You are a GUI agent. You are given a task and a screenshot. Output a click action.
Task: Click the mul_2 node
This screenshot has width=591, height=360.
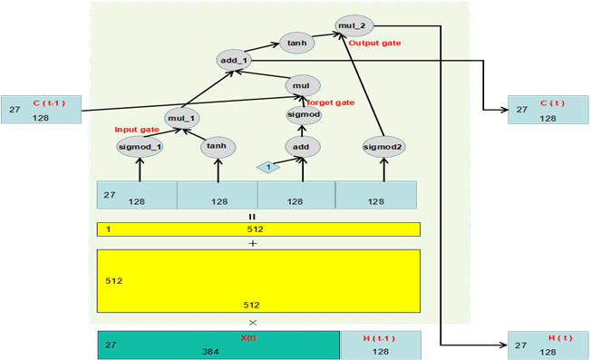point(353,25)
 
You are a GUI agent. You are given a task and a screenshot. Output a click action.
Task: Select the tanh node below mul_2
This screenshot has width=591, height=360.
point(295,42)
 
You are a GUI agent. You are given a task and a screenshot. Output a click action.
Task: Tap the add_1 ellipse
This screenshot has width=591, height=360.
point(234,60)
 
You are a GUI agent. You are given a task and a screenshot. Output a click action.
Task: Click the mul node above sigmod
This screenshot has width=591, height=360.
point(303,85)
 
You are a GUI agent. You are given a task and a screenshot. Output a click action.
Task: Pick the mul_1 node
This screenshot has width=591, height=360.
point(183,117)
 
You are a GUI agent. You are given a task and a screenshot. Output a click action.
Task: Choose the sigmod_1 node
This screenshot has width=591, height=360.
point(140,146)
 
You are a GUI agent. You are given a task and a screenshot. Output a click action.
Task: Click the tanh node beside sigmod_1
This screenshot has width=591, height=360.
point(216,146)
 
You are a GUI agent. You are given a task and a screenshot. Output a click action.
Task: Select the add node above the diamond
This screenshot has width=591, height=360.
point(303,146)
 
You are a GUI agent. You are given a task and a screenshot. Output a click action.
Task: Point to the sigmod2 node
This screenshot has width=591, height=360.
point(383,146)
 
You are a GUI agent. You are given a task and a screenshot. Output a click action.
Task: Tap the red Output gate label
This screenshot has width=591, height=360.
point(373,43)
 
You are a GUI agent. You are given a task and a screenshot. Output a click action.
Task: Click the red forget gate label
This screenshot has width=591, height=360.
point(331,102)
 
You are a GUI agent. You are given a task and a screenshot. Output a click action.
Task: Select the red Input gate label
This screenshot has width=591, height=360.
point(137,130)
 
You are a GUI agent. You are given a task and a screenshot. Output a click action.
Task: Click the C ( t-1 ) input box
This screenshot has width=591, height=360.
point(41,109)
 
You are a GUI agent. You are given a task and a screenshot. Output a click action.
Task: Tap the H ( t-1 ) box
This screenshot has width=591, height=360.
point(381,345)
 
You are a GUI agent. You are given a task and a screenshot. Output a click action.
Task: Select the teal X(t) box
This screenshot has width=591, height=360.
point(218,345)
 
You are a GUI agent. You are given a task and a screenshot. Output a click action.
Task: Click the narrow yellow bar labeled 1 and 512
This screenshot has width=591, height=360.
point(258,229)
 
